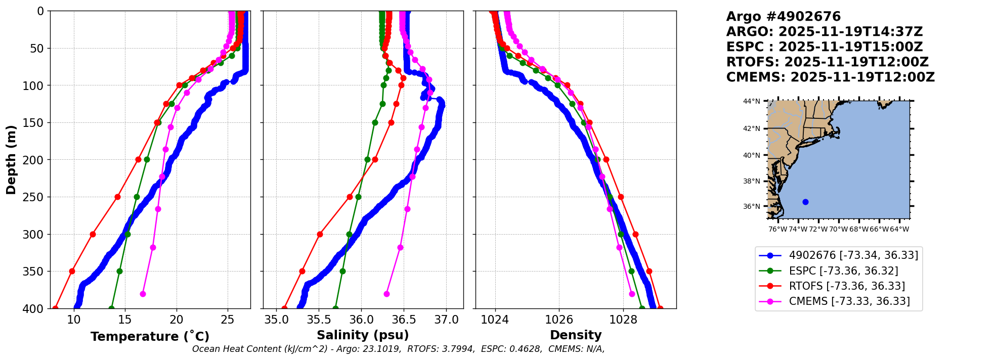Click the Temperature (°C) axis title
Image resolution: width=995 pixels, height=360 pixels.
click(x=150, y=337)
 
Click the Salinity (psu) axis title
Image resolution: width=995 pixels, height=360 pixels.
click(x=363, y=335)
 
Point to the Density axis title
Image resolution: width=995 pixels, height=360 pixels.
click(x=576, y=335)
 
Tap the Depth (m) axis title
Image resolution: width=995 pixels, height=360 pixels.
click(x=11, y=160)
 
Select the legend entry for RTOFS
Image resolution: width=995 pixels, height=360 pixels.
click(x=847, y=286)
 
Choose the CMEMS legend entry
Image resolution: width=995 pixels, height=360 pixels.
click(x=849, y=301)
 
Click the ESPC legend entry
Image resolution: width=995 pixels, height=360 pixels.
click(x=843, y=271)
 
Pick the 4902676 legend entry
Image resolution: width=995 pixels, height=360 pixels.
click(x=853, y=255)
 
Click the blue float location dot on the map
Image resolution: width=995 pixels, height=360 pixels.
click(x=805, y=202)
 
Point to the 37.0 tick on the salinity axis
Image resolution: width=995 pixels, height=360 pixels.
click(x=446, y=320)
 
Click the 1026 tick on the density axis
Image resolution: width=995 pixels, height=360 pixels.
click(x=559, y=320)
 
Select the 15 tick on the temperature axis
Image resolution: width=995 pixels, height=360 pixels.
click(x=125, y=320)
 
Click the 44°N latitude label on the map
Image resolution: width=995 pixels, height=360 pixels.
click(x=751, y=101)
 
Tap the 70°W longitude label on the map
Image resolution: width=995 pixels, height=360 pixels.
click(x=838, y=229)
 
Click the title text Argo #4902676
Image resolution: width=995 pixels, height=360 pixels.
click(x=783, y=17)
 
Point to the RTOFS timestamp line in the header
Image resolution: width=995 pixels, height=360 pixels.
click(x=827, y=62)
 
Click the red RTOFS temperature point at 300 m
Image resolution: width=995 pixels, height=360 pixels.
click(x=93, y=234)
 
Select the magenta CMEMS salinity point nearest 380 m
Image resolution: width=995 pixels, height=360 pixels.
click(x=386, y=294)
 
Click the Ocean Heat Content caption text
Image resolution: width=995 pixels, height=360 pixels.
click(x=398, y=349)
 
